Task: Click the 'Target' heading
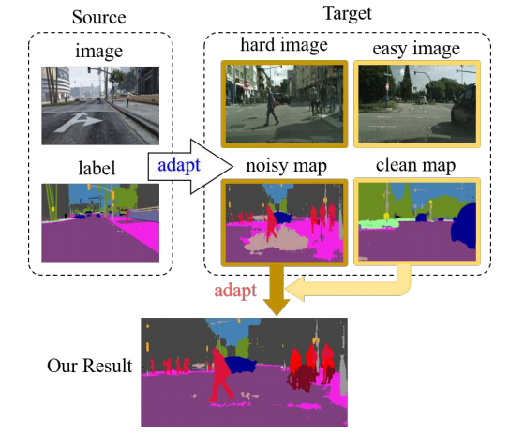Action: click(x=348, y=12)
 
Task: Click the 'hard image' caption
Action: click(x=282, y=46)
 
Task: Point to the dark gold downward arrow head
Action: click(x=276, y=304)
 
